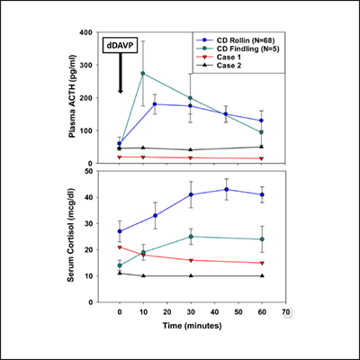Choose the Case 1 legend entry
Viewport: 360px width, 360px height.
coord(229,62)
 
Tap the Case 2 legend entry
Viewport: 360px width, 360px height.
coord(229,73)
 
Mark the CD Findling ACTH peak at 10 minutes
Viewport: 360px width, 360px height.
coord(143,73)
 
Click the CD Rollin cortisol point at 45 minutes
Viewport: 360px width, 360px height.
coord(226,189)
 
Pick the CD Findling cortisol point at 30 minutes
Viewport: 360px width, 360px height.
coord(190,237)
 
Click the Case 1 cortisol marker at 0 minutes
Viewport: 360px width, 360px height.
coord(120,247)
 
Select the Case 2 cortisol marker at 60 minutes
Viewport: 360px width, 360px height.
coord(261,276)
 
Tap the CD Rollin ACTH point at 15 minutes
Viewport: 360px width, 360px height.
coord(155,104)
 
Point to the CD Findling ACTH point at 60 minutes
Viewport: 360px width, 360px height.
coord(261,132)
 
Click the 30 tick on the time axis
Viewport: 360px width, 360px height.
coord(190,313)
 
